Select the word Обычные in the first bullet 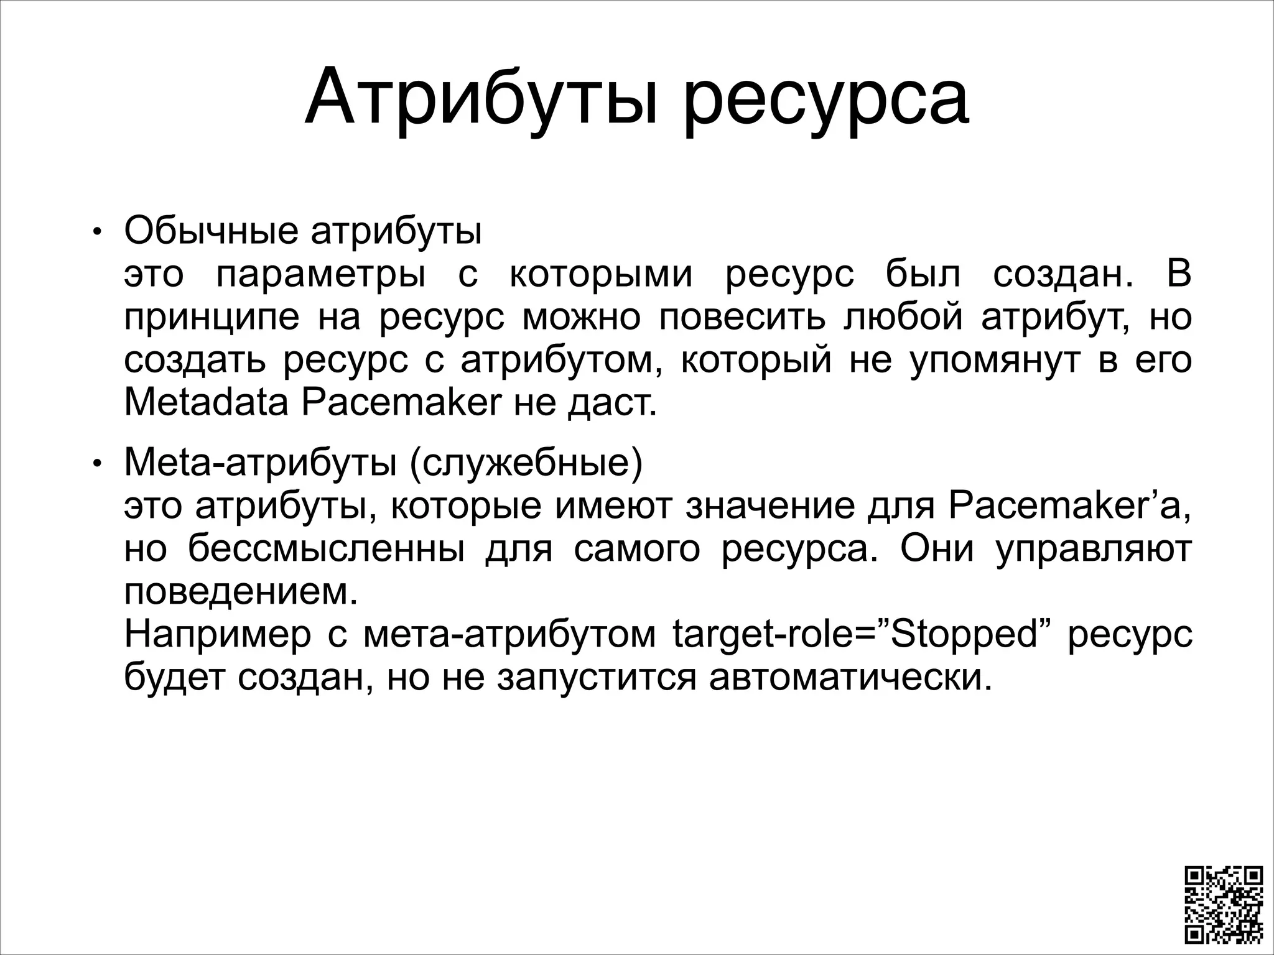coord(211,231)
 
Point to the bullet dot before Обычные coord(96,233)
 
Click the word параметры coord(320,275)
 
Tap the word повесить coord(742,318)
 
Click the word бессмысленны coord(327,549)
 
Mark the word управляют coord(1094,550)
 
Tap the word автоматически coord(850,678)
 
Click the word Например coord(217,635)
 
